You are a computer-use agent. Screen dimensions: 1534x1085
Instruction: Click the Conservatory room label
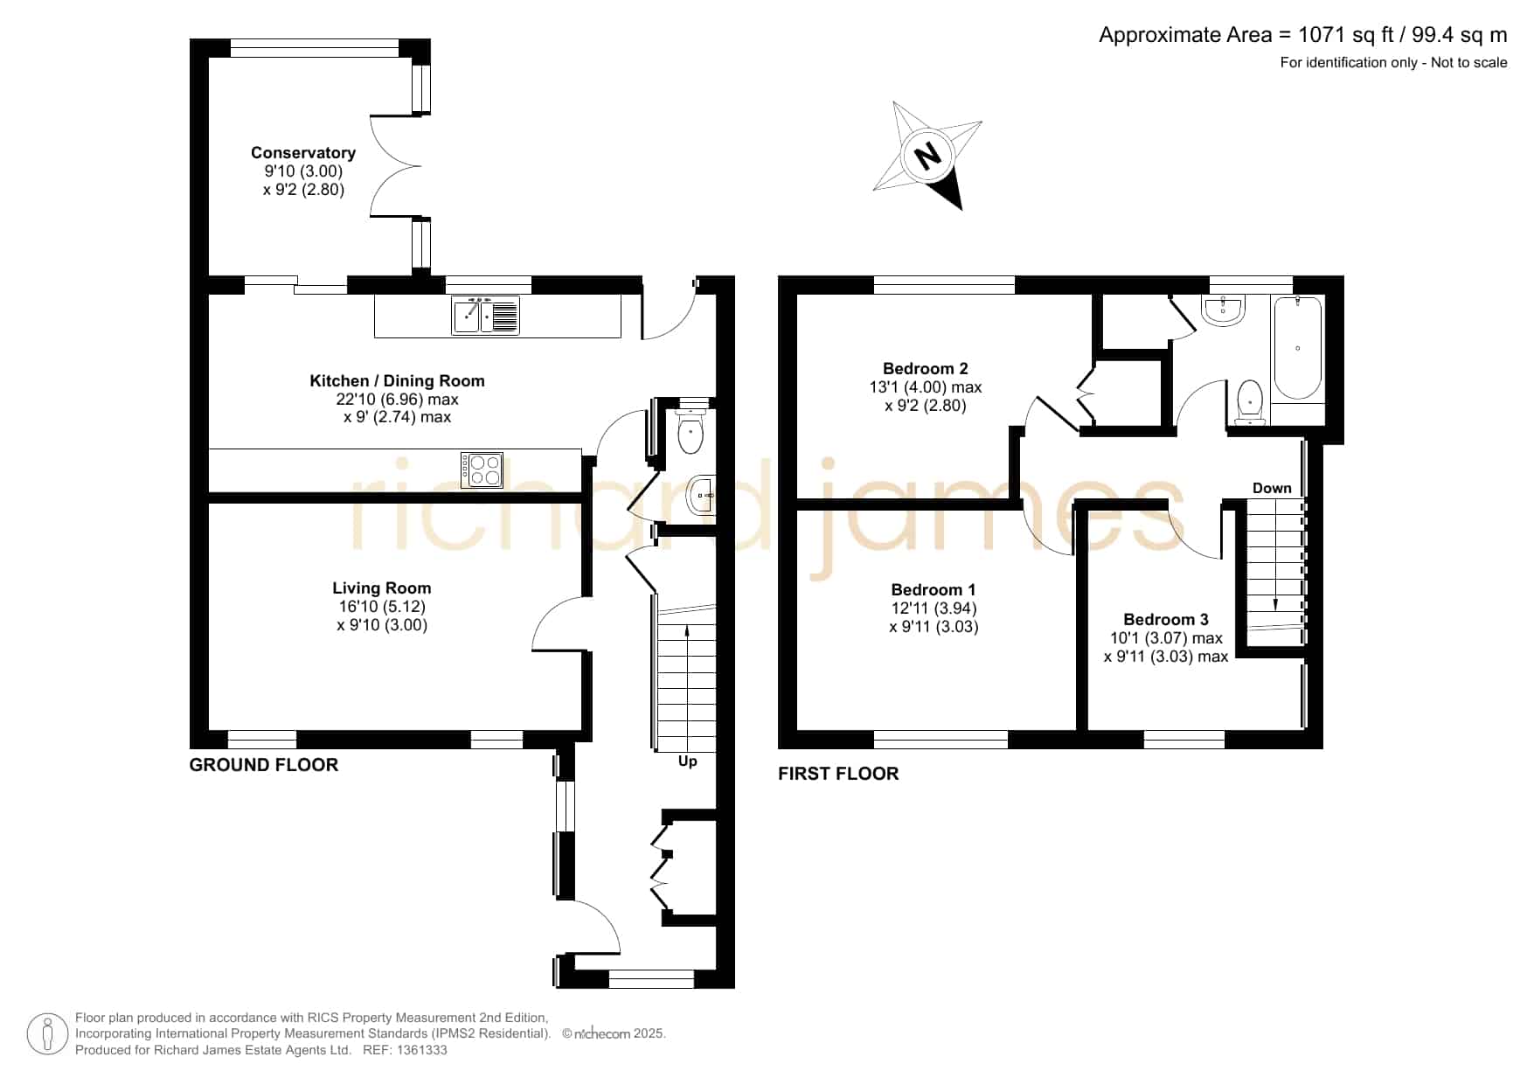point(303,153)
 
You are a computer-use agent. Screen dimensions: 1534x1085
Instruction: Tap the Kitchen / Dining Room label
point(397,381)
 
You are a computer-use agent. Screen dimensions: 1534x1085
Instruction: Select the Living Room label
point(381,588)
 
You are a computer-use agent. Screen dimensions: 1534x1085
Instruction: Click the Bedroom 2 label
point(925,369)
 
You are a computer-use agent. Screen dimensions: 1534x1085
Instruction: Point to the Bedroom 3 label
point(1166,620)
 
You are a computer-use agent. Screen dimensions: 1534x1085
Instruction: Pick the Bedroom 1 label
point(934,590)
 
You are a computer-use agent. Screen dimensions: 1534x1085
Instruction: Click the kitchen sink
point(485,316)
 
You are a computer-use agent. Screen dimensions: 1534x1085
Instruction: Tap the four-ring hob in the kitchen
point(482,470)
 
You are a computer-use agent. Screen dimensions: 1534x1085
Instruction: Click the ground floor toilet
point(691,428)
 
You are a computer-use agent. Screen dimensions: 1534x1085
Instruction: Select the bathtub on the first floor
point(1298,349)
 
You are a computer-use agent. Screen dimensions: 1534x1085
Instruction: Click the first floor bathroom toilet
point(1250,401)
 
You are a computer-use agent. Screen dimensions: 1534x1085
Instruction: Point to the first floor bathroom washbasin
point(1223,310)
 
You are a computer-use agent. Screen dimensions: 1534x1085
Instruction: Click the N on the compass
point(927,157)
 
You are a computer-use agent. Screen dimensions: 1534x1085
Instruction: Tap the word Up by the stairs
point(688,762)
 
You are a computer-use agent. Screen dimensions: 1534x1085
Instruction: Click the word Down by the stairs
point(1272,488)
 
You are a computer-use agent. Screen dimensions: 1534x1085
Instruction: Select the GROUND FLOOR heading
point(264,765)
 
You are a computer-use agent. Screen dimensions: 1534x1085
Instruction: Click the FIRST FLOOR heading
point(838,774)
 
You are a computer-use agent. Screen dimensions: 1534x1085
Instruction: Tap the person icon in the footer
point(47,1034)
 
